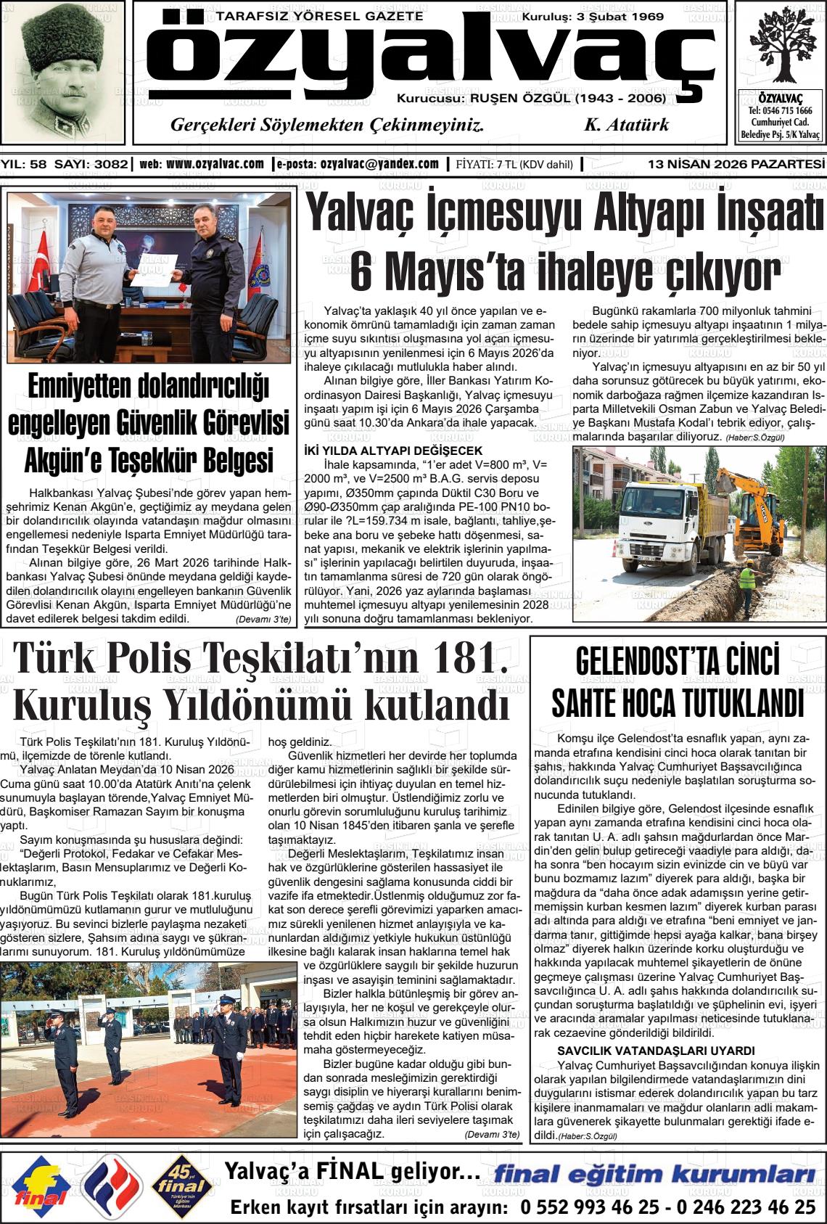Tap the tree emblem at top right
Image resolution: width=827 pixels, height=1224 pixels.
(x=780, y=47)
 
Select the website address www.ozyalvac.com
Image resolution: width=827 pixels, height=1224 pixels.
(x=215, y=164)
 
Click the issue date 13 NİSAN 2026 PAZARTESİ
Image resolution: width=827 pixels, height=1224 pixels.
(x=736, y=165)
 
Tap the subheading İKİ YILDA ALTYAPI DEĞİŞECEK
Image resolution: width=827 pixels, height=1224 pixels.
(x=392, y=451)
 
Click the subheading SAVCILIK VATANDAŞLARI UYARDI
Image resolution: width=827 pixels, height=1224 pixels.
(x=656, y=1051)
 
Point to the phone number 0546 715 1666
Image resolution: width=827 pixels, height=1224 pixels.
(x=780, y=111)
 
